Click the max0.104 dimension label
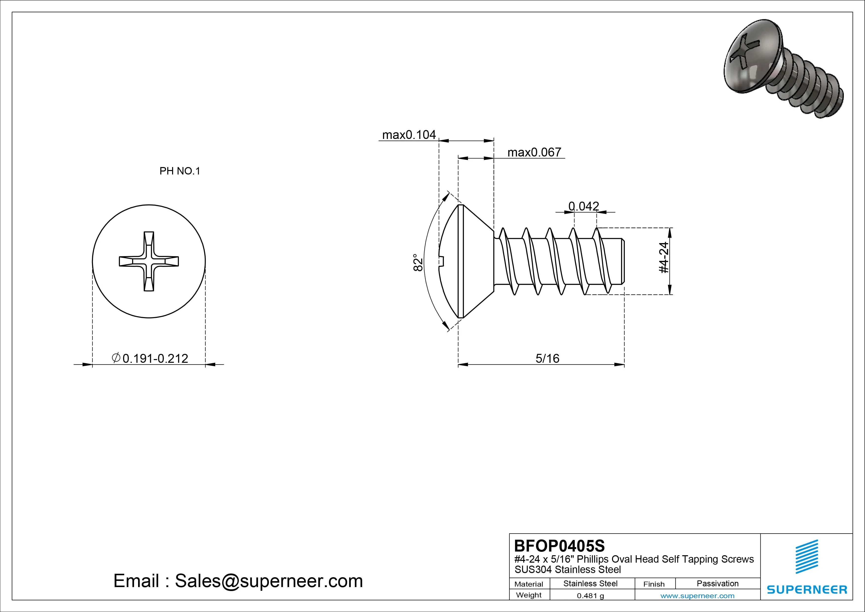[409, 135]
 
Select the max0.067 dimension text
[534, 152]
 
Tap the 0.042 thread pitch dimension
[584, 206]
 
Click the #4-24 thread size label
[664, 258]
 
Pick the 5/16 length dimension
[547, 358]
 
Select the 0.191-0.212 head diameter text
[155, 358]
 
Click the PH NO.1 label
[180, 171]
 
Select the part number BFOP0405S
[559, 546]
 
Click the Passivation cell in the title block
[717, 583]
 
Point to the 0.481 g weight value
[590, 596]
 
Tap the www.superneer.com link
[697, 596]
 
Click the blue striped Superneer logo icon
[807, 556]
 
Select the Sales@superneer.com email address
[268, 581]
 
